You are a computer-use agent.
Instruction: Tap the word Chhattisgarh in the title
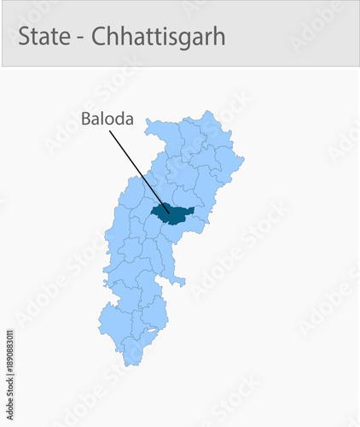[x=158, y=38]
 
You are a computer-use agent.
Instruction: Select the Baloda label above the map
[x=107, y=120]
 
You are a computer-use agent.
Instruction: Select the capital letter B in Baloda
[x=86, y=120]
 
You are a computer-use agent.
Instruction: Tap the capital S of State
[x=24, y=38]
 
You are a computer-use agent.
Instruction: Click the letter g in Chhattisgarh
[x=185, y=41]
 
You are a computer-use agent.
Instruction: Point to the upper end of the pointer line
[x=109, y=132]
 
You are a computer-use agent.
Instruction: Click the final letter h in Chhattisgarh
[x=219, y=38]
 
